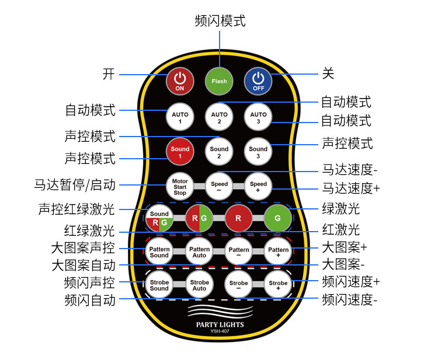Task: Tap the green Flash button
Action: (219, 82)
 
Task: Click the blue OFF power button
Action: (258, 82)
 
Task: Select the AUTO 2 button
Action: (219, 118)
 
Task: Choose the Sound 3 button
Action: (258, 152)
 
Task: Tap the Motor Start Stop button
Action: (180, 187)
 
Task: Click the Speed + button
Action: (258, 187)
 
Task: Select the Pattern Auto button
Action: (200, 252)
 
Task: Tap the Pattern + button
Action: (278, 252)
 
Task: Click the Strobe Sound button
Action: (159, 285)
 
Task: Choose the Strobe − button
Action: (239, 285)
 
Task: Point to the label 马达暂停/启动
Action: (75, 185)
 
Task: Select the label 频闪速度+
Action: (351, 281)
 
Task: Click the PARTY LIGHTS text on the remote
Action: (220, 325)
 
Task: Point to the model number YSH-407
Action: (220, 332)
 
